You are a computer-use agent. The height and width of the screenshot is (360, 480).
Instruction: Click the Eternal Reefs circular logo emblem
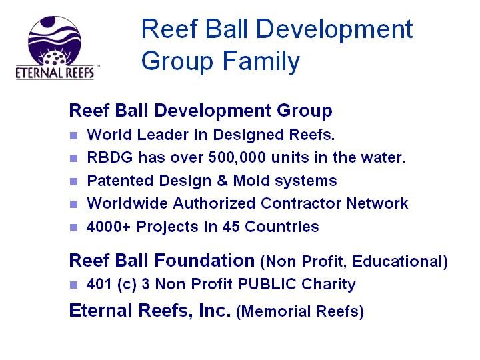55,41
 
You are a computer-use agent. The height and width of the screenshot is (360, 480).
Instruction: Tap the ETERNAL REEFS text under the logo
55,73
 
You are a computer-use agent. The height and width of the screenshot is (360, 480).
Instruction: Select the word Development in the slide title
334,29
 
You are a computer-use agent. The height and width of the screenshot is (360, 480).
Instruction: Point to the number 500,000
237,157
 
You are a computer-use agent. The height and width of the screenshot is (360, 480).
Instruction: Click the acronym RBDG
110,157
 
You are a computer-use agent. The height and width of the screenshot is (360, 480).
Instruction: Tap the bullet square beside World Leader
73,135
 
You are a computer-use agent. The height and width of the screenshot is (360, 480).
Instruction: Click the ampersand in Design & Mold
222,180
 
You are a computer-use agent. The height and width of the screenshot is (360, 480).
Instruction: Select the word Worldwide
127,203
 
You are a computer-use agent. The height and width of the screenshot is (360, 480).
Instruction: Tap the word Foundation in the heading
205,261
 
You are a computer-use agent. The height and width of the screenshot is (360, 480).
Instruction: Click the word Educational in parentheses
400,261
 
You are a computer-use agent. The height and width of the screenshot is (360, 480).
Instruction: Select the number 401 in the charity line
99,284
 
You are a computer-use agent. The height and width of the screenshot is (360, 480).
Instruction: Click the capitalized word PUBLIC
267,284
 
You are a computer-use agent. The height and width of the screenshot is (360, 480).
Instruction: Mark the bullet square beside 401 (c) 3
73,285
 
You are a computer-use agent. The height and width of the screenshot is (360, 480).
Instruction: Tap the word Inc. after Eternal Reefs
215,311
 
